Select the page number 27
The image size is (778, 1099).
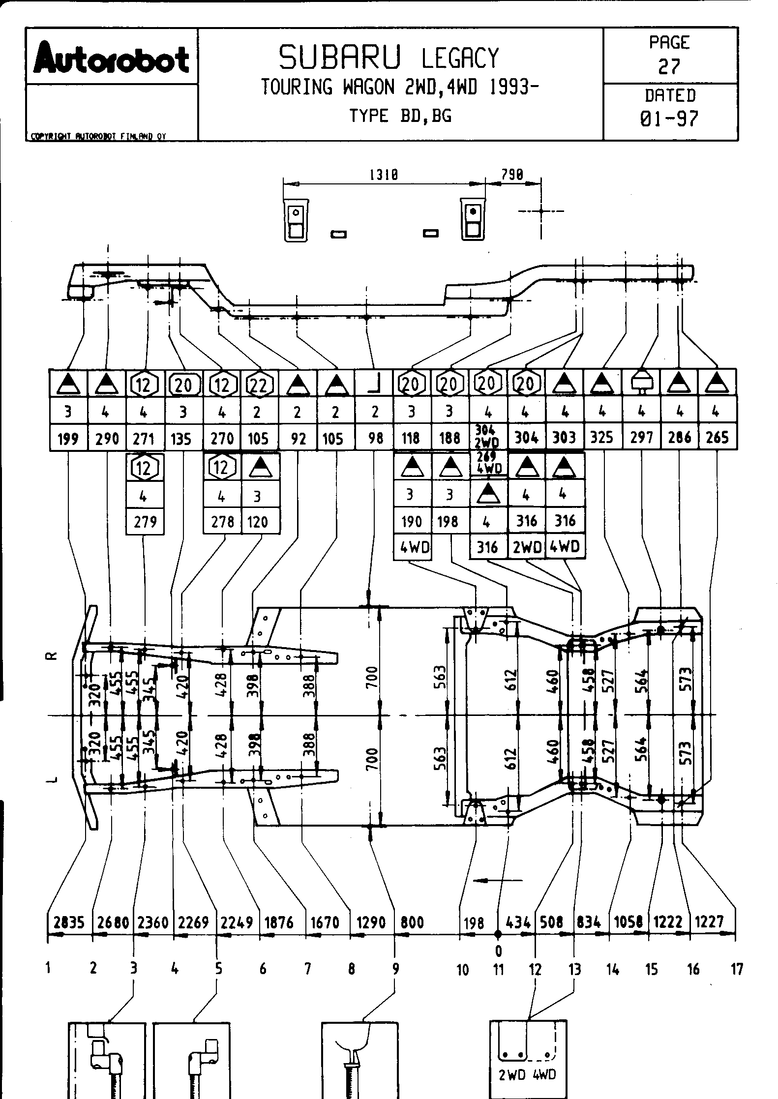tap(669, 66)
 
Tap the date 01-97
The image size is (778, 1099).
tap(670, 119)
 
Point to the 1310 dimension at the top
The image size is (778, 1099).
tap(384, 175)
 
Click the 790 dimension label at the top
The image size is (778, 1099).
tap(512, 175)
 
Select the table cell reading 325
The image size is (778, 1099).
tap(602, 437)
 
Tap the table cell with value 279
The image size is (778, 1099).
tap(145, 521)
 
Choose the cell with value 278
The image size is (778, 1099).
tap(222, 521)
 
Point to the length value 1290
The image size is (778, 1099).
tap(371, 922)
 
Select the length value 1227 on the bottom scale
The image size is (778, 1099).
tap(709, 922)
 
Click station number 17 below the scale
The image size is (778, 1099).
tap(736, 969)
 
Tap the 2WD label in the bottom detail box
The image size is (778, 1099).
tap(512, 1074)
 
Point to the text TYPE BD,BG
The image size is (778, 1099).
tap(400, 116)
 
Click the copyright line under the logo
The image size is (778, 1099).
tap(98, 137)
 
